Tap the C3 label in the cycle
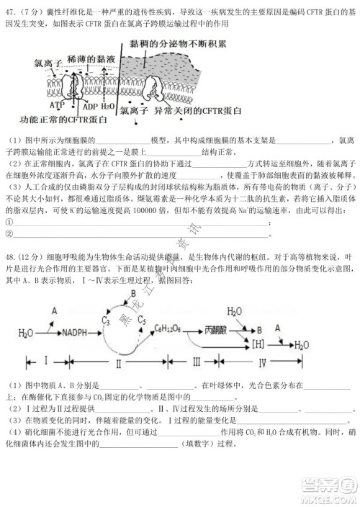tap(107, 319)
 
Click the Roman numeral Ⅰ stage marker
tap(45, 359)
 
